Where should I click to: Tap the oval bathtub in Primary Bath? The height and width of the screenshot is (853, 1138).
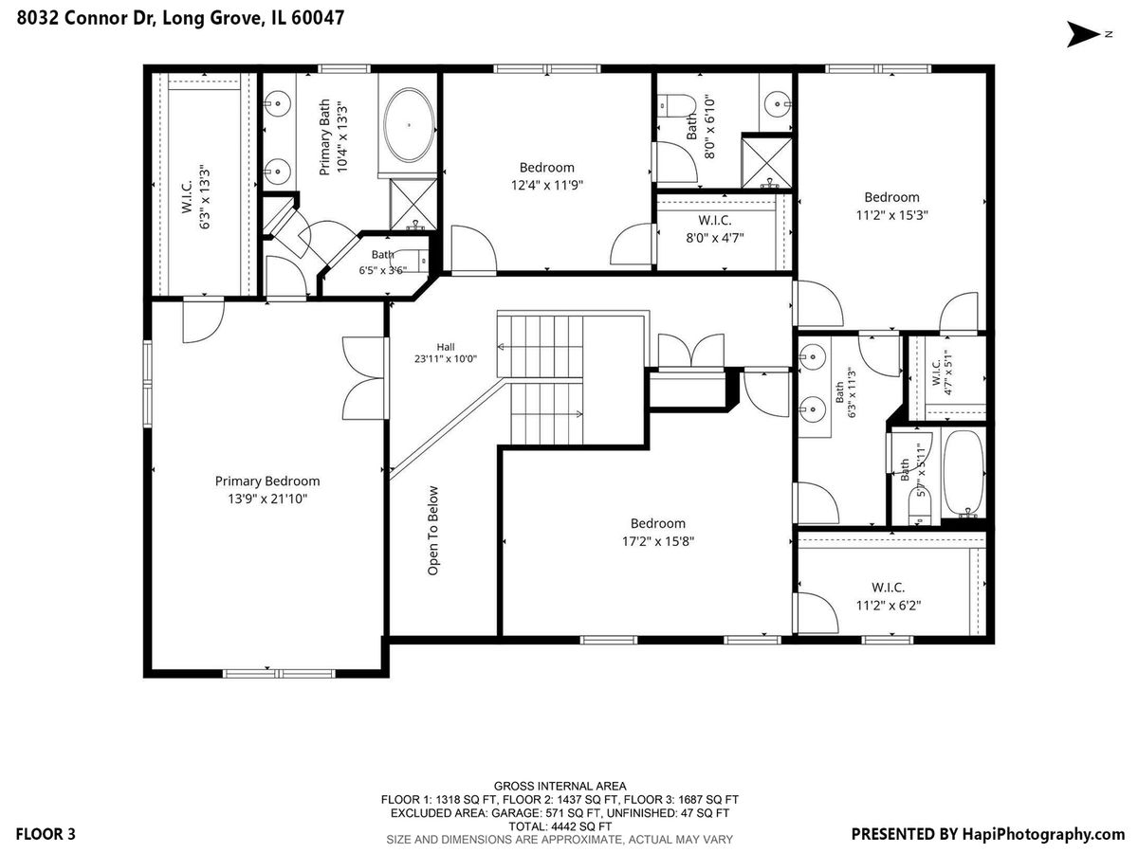(409, 125)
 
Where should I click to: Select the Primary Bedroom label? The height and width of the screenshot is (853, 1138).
(267, 481)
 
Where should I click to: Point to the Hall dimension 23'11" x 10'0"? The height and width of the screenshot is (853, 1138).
(446, 358)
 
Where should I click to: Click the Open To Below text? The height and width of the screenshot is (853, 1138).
(432, 531)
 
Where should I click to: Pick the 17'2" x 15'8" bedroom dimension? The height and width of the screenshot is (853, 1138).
(658, 541)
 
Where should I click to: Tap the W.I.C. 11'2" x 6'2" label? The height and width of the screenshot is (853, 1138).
(889, 596)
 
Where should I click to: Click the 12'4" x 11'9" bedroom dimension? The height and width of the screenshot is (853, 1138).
(547, 185)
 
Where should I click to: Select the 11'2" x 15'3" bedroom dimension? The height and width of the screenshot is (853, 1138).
(891, 214)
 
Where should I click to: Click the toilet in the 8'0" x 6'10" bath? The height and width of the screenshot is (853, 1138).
(676, 105)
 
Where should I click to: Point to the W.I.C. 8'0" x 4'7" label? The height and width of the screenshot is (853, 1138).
(715, 229)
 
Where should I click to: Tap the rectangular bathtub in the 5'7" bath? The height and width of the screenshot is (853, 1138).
(964, 473)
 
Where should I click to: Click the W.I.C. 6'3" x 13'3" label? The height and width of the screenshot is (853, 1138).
(196, 197)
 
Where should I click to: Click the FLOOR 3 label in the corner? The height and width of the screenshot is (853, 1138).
(46, 834)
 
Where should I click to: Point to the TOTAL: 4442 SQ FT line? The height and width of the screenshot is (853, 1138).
(560, 826)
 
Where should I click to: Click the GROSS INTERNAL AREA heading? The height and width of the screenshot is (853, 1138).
(560, 787)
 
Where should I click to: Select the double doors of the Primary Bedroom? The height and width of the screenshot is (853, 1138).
(365, 378)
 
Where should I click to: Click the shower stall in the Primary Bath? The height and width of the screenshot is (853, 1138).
(413, 204)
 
